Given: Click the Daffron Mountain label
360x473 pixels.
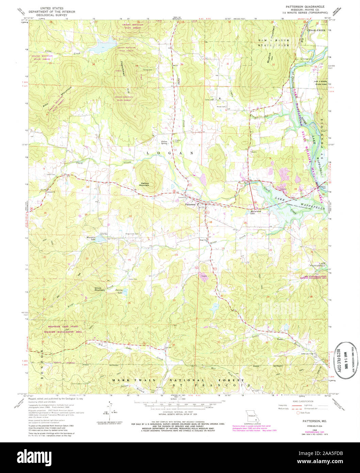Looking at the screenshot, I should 145,184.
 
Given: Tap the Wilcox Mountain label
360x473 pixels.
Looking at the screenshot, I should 99,289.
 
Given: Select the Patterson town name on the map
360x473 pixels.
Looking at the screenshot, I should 190,205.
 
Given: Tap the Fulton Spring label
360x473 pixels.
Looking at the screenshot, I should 165,142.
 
